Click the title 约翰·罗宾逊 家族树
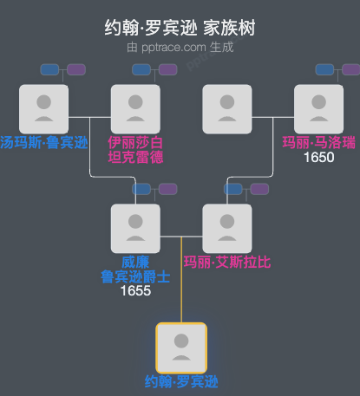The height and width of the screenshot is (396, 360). [180, 29]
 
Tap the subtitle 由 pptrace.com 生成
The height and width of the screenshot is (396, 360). [180, 47]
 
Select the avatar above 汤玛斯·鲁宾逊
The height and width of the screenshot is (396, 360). [43, 108]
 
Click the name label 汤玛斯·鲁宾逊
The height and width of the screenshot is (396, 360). [43, 142]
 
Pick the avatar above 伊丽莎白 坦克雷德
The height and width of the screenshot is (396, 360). [135, 108]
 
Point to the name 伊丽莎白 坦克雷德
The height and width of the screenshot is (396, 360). [135, 149]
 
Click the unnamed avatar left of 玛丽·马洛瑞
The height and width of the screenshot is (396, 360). [227, 108]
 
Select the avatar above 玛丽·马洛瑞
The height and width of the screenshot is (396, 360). [319, 108]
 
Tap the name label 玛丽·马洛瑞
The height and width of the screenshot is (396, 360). [319, 142]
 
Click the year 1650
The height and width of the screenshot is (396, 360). [318, 157]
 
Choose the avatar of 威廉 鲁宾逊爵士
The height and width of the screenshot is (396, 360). [135, 228]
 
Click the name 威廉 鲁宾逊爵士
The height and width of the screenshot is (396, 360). [135, 269]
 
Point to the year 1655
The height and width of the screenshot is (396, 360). [135, 291]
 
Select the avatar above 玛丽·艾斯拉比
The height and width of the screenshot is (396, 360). [227, 228]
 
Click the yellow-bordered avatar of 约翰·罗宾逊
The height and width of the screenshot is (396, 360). [180, 347]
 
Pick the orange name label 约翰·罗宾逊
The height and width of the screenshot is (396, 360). [180, 381]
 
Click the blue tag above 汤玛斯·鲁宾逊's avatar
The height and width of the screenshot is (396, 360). [49, 69]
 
